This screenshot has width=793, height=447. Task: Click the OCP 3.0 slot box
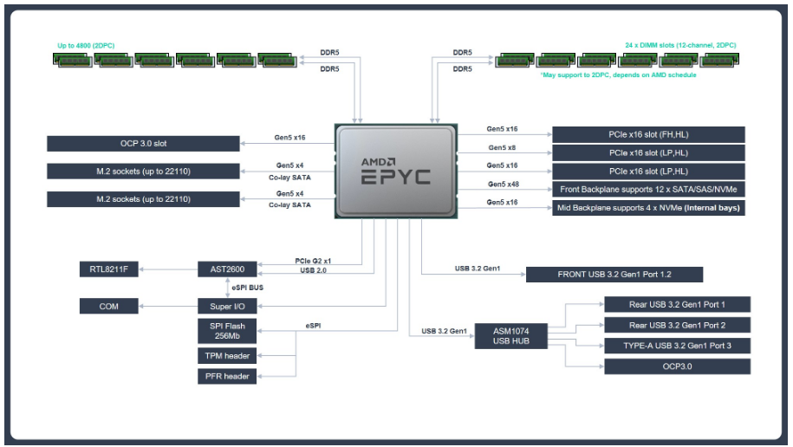pos(143,143)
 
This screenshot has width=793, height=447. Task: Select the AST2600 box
pos(227,269)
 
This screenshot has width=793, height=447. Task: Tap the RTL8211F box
pos(109,269)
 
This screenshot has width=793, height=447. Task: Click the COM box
pos(109,306)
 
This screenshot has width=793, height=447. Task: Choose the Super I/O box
pos(227,306)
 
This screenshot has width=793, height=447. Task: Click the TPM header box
pos(227,356)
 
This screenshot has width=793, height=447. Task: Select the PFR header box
pos(227,377)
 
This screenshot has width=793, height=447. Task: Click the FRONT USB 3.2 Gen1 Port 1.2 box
pos(614,275)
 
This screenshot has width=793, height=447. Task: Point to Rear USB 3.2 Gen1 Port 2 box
pos(677,326)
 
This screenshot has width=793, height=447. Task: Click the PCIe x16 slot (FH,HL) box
pos(648,134)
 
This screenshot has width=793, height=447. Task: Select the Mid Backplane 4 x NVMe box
pos(648,208)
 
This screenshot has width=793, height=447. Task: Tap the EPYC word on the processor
pos(395,178)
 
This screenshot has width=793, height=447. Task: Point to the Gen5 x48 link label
pos(503,184)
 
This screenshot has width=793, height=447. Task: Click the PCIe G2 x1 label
pos(314,261)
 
